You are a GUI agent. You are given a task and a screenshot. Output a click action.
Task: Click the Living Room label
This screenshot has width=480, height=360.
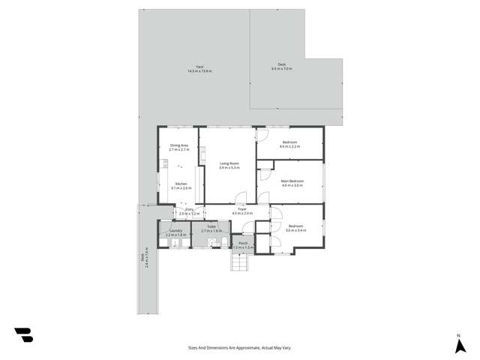pos(229,166)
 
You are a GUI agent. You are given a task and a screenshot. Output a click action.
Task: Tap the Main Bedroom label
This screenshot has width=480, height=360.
pos(292,183)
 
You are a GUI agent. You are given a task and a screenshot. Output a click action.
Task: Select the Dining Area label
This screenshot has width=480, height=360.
pos(179,148)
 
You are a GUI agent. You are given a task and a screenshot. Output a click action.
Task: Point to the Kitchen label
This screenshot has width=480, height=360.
pos(181,186)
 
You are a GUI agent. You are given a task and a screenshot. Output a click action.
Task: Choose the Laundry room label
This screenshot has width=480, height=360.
pos(175,234)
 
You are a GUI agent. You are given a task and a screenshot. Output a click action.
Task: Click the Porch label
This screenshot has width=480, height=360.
pos(243,245)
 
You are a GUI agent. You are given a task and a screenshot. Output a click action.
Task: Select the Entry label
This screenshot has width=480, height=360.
pos(189,213)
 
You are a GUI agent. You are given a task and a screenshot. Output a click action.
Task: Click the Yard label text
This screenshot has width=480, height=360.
pos(200,69)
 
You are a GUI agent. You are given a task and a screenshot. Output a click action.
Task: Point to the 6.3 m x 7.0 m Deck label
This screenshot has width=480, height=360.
pos(282,67)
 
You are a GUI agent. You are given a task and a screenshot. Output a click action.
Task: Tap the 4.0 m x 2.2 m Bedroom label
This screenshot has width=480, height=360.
pos(290,144)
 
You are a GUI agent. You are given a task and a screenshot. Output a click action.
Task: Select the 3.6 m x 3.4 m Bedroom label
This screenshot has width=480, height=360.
pos(295,229)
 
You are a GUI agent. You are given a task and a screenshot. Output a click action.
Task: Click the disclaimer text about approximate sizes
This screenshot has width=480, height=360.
pos(239,347)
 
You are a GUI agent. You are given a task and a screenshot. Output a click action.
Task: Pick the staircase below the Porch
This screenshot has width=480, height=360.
pos(239,265)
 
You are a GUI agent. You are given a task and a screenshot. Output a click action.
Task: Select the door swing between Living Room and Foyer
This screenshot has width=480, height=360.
pos(241,199)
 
